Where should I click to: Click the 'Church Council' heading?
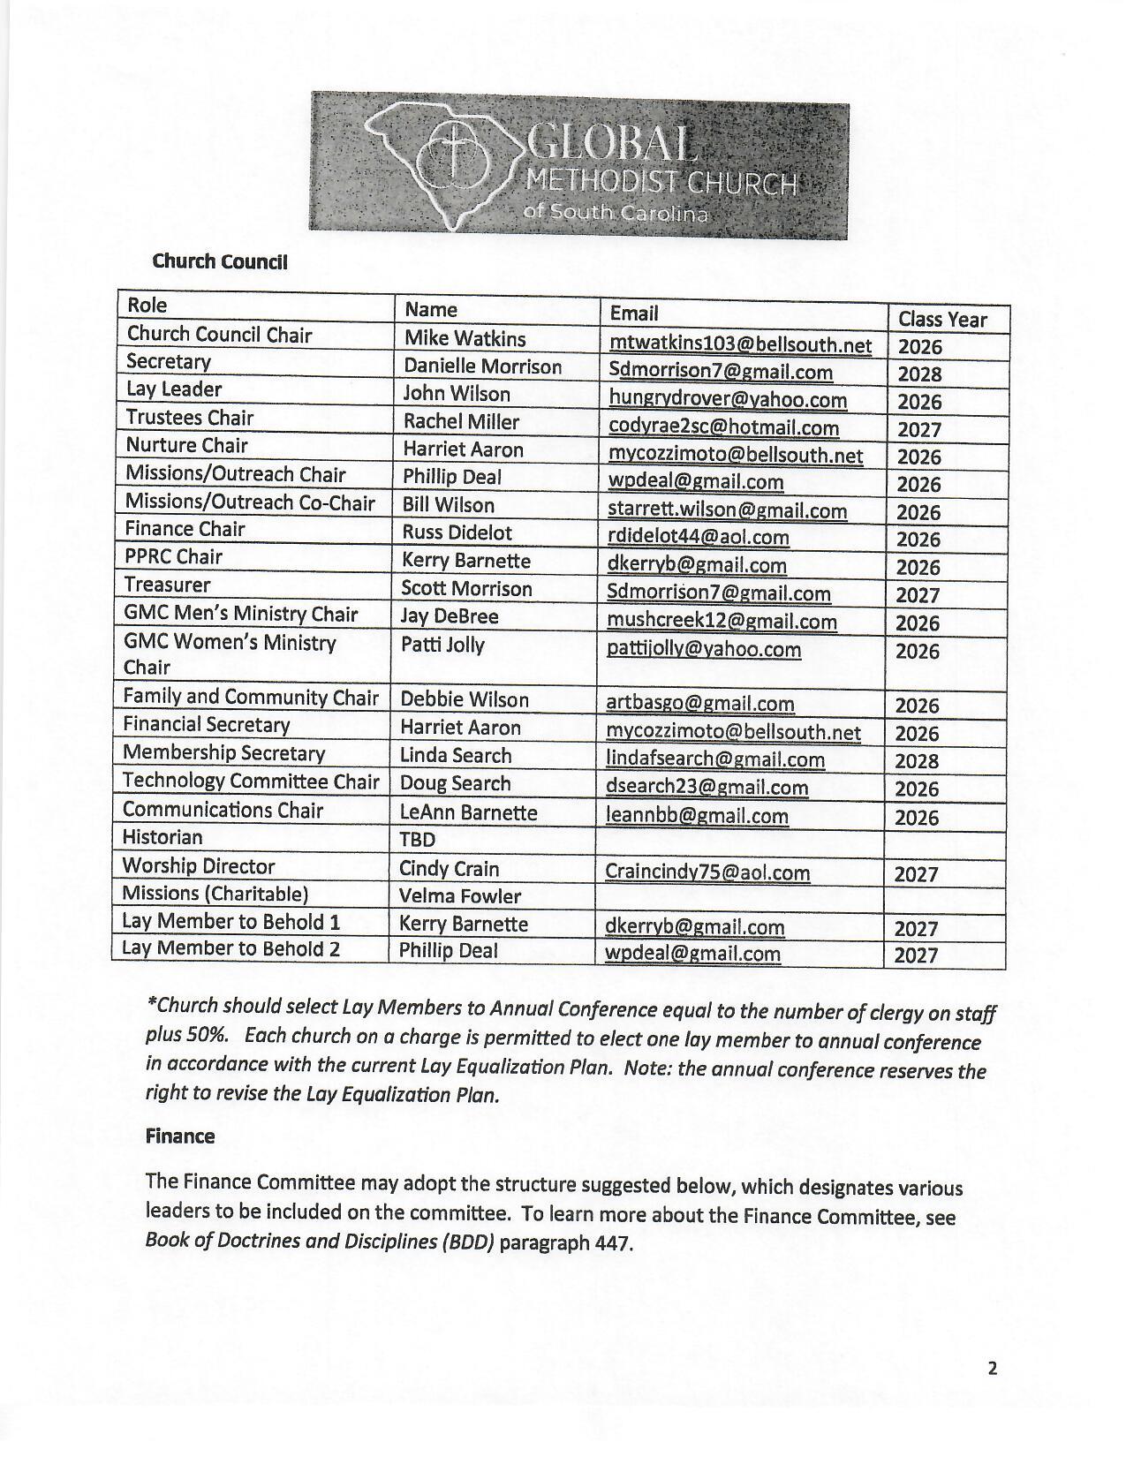pos(220,261)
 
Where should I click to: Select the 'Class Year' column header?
pos(941,319)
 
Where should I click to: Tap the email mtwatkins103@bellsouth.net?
pos(740,344)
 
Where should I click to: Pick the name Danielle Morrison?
pos(482,366)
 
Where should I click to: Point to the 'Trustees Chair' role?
pos(189,418)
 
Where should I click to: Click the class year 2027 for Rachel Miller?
pos(919,429)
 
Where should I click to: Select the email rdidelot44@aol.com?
pos(698,537)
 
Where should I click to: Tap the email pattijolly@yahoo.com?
pos(704,650)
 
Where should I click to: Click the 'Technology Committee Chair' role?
pos(251,781)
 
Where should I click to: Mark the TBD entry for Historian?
pos(418,839)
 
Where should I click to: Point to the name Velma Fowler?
pos(460,896)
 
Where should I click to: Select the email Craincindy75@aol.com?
pos(707,872)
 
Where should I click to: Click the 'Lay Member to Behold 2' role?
pos(231,949)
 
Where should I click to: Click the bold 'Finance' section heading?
pos(180,1136)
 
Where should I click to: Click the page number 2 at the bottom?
pos(993,1369)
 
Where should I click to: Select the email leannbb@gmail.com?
pos(697,816)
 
